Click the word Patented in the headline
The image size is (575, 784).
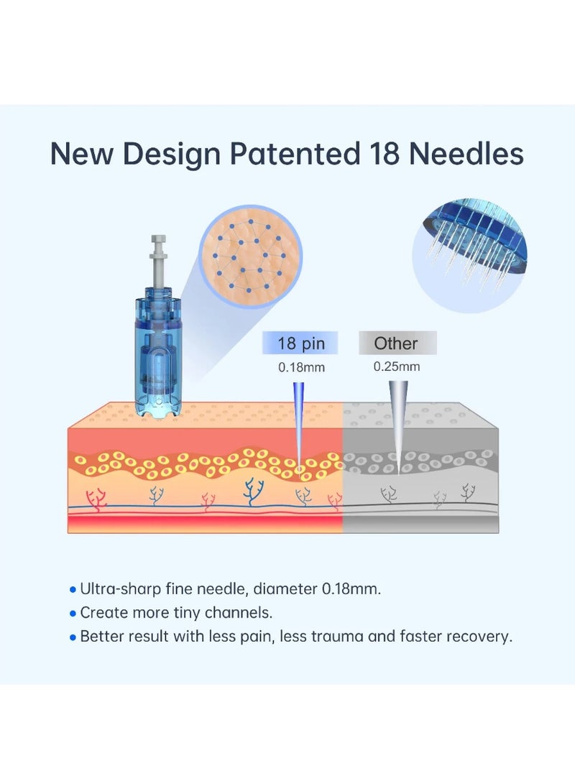point(295,153)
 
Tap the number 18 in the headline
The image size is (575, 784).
point(385,153)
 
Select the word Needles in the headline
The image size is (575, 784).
point(466,153)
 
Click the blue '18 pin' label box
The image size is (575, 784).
point(300,343)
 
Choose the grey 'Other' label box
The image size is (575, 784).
point(397,343)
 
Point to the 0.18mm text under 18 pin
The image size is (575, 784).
point(301,367)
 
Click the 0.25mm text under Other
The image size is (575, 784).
point(397,366)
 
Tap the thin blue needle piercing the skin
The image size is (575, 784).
point(298,425)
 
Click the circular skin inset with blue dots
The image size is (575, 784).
point(251,256)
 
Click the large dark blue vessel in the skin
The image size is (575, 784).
point(254,492)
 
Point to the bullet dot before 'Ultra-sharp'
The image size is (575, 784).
point(73,590)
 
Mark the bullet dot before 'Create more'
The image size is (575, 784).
point(73,614)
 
